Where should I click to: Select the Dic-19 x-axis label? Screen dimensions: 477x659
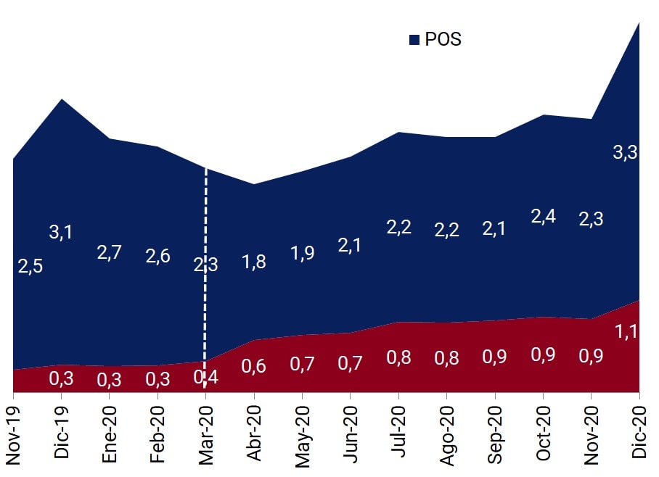pyautogui.click(x=62, y=432)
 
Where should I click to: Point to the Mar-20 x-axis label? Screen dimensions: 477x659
pyautogui.click(x=205, y=434)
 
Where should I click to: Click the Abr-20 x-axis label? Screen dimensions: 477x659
pyautogui.click(x=254, y=433)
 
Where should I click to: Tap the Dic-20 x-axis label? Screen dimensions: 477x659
pyautogui.click(x=639, y=432)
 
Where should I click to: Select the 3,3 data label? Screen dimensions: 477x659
pyautogui.click(x=625, y=152)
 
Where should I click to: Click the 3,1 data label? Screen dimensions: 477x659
pyautogui.click(x=62, y=232)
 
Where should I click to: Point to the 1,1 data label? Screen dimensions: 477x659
pyautogui.click(x=626, y=332)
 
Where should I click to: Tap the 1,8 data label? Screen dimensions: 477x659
pyautogui.click(x=253, y=262)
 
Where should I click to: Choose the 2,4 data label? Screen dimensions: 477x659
pyautogui.click(x=543, y=216)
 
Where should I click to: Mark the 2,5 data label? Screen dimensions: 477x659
pyautogui.click(x=30, y=266)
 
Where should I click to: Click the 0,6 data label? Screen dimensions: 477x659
pyautogui.click(x=253, y=366)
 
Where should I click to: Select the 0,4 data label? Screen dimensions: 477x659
pyautogui.click(x=205, y=376)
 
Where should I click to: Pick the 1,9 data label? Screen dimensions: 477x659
pyautogui.click(x=302, y=254)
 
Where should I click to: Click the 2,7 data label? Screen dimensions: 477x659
pyautogui.click(x=109, y=253)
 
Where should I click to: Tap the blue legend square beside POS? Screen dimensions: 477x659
pyautogui.click(x=414, y=40)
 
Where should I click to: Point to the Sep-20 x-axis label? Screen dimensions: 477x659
pyautogui.click(x=494, y=433)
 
